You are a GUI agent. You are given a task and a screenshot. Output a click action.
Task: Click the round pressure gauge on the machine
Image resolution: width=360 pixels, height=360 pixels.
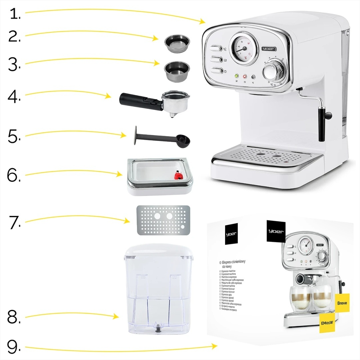click(x=243, y=49)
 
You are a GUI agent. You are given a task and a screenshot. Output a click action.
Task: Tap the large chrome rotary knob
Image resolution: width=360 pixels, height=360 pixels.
click(x=273, y=70)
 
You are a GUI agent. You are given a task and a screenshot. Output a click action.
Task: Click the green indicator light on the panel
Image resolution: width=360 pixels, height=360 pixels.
click(x=236, y=76)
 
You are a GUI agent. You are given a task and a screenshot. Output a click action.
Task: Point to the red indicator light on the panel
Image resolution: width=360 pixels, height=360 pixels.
click(x=245, y=76)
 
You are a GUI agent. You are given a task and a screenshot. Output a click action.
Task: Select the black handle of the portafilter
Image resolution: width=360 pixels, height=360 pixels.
click(x=133, y=98)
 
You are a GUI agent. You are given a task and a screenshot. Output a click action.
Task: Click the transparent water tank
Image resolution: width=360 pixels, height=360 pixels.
click(x=156, y=293)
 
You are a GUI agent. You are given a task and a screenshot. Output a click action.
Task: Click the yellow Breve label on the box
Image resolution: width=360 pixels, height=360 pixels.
click(x=342, y=302)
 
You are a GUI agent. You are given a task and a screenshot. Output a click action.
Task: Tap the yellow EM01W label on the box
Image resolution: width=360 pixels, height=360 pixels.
click(x=327, y=323)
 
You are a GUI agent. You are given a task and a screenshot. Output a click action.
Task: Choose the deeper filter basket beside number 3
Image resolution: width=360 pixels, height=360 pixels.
click(x=177, y=70)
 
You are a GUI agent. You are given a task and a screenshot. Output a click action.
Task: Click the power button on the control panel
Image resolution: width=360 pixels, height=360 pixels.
click(x=216, y=71)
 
